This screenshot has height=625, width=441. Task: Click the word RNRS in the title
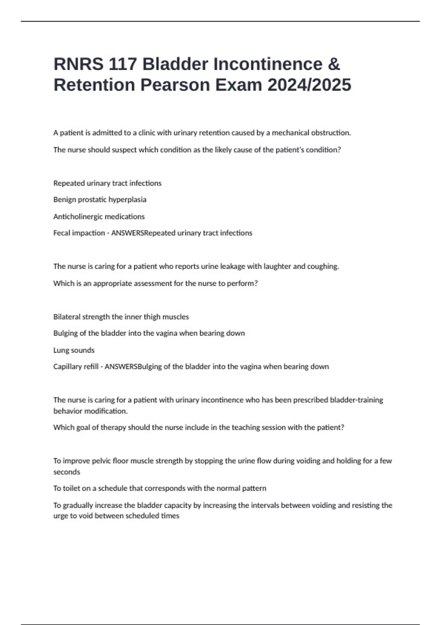pyautogui.click(x=78, y=64)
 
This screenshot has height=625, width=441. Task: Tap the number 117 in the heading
pyautogui.click(x=122, y=64)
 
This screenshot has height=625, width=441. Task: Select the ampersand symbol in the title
pyautogui.click(x=333, y=64)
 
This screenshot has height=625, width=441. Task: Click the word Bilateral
pyautogui.click(x=67, y=317)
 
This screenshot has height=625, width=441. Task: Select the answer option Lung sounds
pyautogui.click(x=74, y=350)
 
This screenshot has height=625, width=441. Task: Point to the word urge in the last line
pyautogui.click(x=60, y=516)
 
